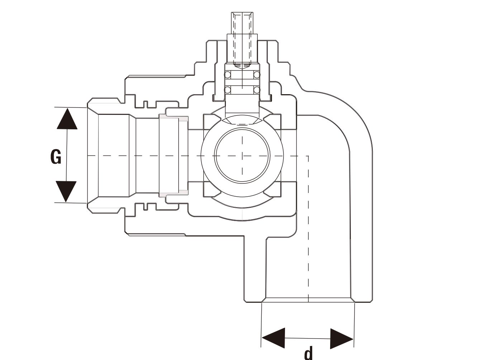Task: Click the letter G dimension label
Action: tap(56, 157)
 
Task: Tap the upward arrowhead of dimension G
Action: tap(67, 119)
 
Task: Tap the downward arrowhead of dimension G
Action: tap(66, 192)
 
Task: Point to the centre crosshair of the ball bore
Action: tap(242, 156)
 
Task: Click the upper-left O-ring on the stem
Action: tap(228, 75)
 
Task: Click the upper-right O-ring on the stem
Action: tap(257, 75)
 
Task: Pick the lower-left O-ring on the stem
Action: tap(228, 90)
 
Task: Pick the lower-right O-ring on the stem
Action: tap(257, 90)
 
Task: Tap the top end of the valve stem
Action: tap(242, 13)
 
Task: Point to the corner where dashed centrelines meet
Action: tap(308, 156)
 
